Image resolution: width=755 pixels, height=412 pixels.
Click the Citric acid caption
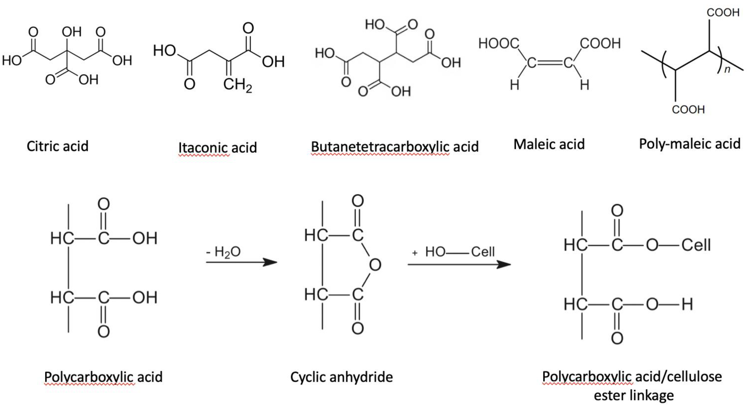click(57, 146)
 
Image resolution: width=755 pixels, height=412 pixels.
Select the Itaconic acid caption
click(217, 147)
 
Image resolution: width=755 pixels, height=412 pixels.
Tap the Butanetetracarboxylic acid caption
click(395, 147)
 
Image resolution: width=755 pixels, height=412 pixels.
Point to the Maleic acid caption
click(549, 144)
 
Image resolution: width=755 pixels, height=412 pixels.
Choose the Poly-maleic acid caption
click(689, 144)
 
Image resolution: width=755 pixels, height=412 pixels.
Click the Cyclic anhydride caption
click(341, 377)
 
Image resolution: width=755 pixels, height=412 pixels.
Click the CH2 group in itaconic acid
click(237, 85)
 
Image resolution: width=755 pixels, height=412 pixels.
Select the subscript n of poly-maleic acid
click(727, 70)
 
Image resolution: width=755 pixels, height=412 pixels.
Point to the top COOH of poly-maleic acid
click(723, 13)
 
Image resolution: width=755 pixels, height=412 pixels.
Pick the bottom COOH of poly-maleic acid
click(688, 109)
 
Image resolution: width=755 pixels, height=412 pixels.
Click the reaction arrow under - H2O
click(241, 262)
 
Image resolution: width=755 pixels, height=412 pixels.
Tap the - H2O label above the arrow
click(223, 252)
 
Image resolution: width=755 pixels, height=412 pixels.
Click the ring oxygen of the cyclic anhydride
click(375, 265)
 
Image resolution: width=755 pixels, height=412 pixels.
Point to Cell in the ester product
click(696, 245)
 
